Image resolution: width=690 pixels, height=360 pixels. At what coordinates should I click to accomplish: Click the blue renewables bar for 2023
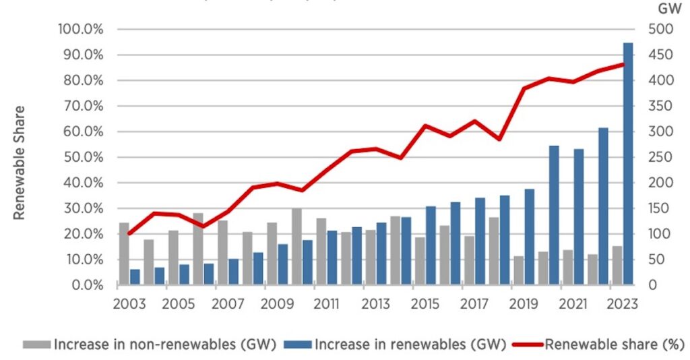pyautogui.click(x=628, y=164)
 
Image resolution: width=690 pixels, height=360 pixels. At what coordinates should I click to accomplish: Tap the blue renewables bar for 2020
pyautogui.click(x=554, y=215)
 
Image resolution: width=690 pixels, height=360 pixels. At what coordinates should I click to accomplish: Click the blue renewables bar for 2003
pyautogui.click(x=135, y=277)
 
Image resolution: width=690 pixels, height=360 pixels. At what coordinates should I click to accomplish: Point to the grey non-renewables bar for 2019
pyautogui.click(x=518, y=270)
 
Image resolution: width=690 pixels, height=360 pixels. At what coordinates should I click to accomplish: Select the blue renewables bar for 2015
pyautogui.click(x=431, y=245)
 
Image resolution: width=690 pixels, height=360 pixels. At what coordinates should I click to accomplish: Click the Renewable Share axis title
pyautogui.click(x=20, y=162)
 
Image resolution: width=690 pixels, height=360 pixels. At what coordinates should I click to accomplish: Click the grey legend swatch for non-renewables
pyautogui.click(x=37, y=344)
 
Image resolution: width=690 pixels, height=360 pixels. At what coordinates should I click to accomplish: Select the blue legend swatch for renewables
pyautogui.click(x=300, y=344)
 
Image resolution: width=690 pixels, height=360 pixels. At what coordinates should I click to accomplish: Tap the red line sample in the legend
pyautogui.click(x=526, y=344)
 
